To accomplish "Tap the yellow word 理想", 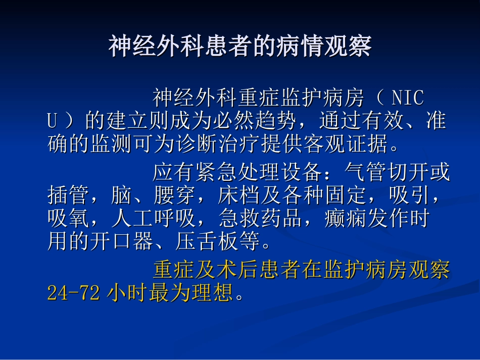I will click(x=212, y=293).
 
